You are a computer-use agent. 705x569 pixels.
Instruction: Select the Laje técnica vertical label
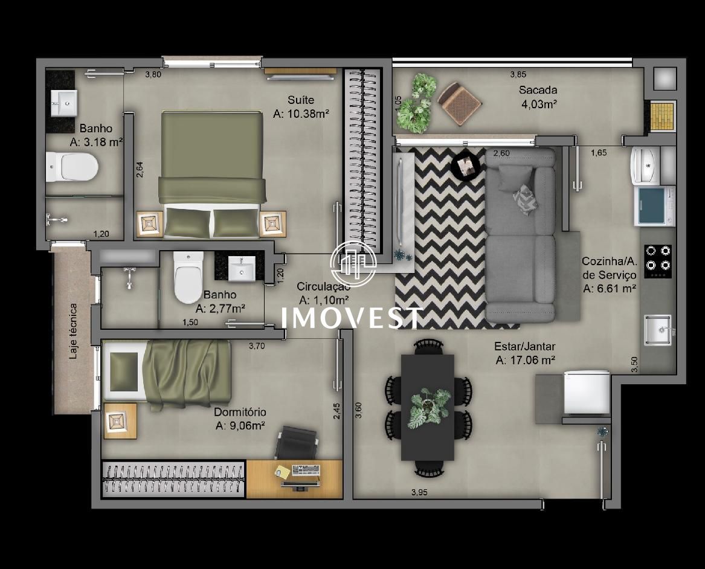[x=73, y=331]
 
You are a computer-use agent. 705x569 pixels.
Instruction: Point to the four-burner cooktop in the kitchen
[x=658, y=261]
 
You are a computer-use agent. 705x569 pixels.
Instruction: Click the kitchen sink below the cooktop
[x=658, y=330]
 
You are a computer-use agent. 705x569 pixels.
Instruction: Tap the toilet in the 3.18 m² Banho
[x=72, y=167]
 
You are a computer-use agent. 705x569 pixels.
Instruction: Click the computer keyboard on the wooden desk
[x=306, y=470]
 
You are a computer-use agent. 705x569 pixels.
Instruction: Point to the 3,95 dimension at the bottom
[x=419, y=492]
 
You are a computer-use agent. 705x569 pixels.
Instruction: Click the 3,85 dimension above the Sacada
[x=518, y=74]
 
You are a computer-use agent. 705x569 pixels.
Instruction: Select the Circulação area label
[x=323, y=292]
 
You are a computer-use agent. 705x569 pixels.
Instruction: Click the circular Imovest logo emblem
[x=353, y=264]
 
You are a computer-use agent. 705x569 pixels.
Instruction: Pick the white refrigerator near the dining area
[x=587, y=392]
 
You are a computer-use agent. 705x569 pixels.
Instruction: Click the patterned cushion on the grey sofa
[x=524, y=199]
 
